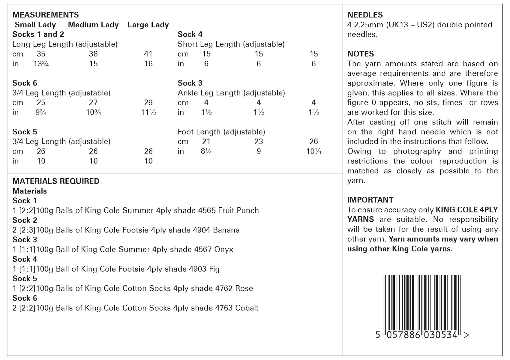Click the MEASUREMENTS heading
(x=46, y=15)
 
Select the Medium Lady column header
(x=93, y=25)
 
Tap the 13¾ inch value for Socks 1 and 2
(x=41, y=64)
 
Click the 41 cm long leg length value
(x=148, y=54)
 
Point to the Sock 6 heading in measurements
(x=25, y=83)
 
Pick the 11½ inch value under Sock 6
(x=148, y=112)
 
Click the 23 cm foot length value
(x=258, y=141)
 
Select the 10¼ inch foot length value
(x=313, y=151)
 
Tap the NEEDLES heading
(x=365, y=15)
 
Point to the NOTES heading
(x=360, y=54)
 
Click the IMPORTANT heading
(x=370, y=200)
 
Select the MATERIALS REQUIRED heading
(x=56, y=181)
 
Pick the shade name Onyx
(x=223, y=249)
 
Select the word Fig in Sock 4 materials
(x=214, y=269)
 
